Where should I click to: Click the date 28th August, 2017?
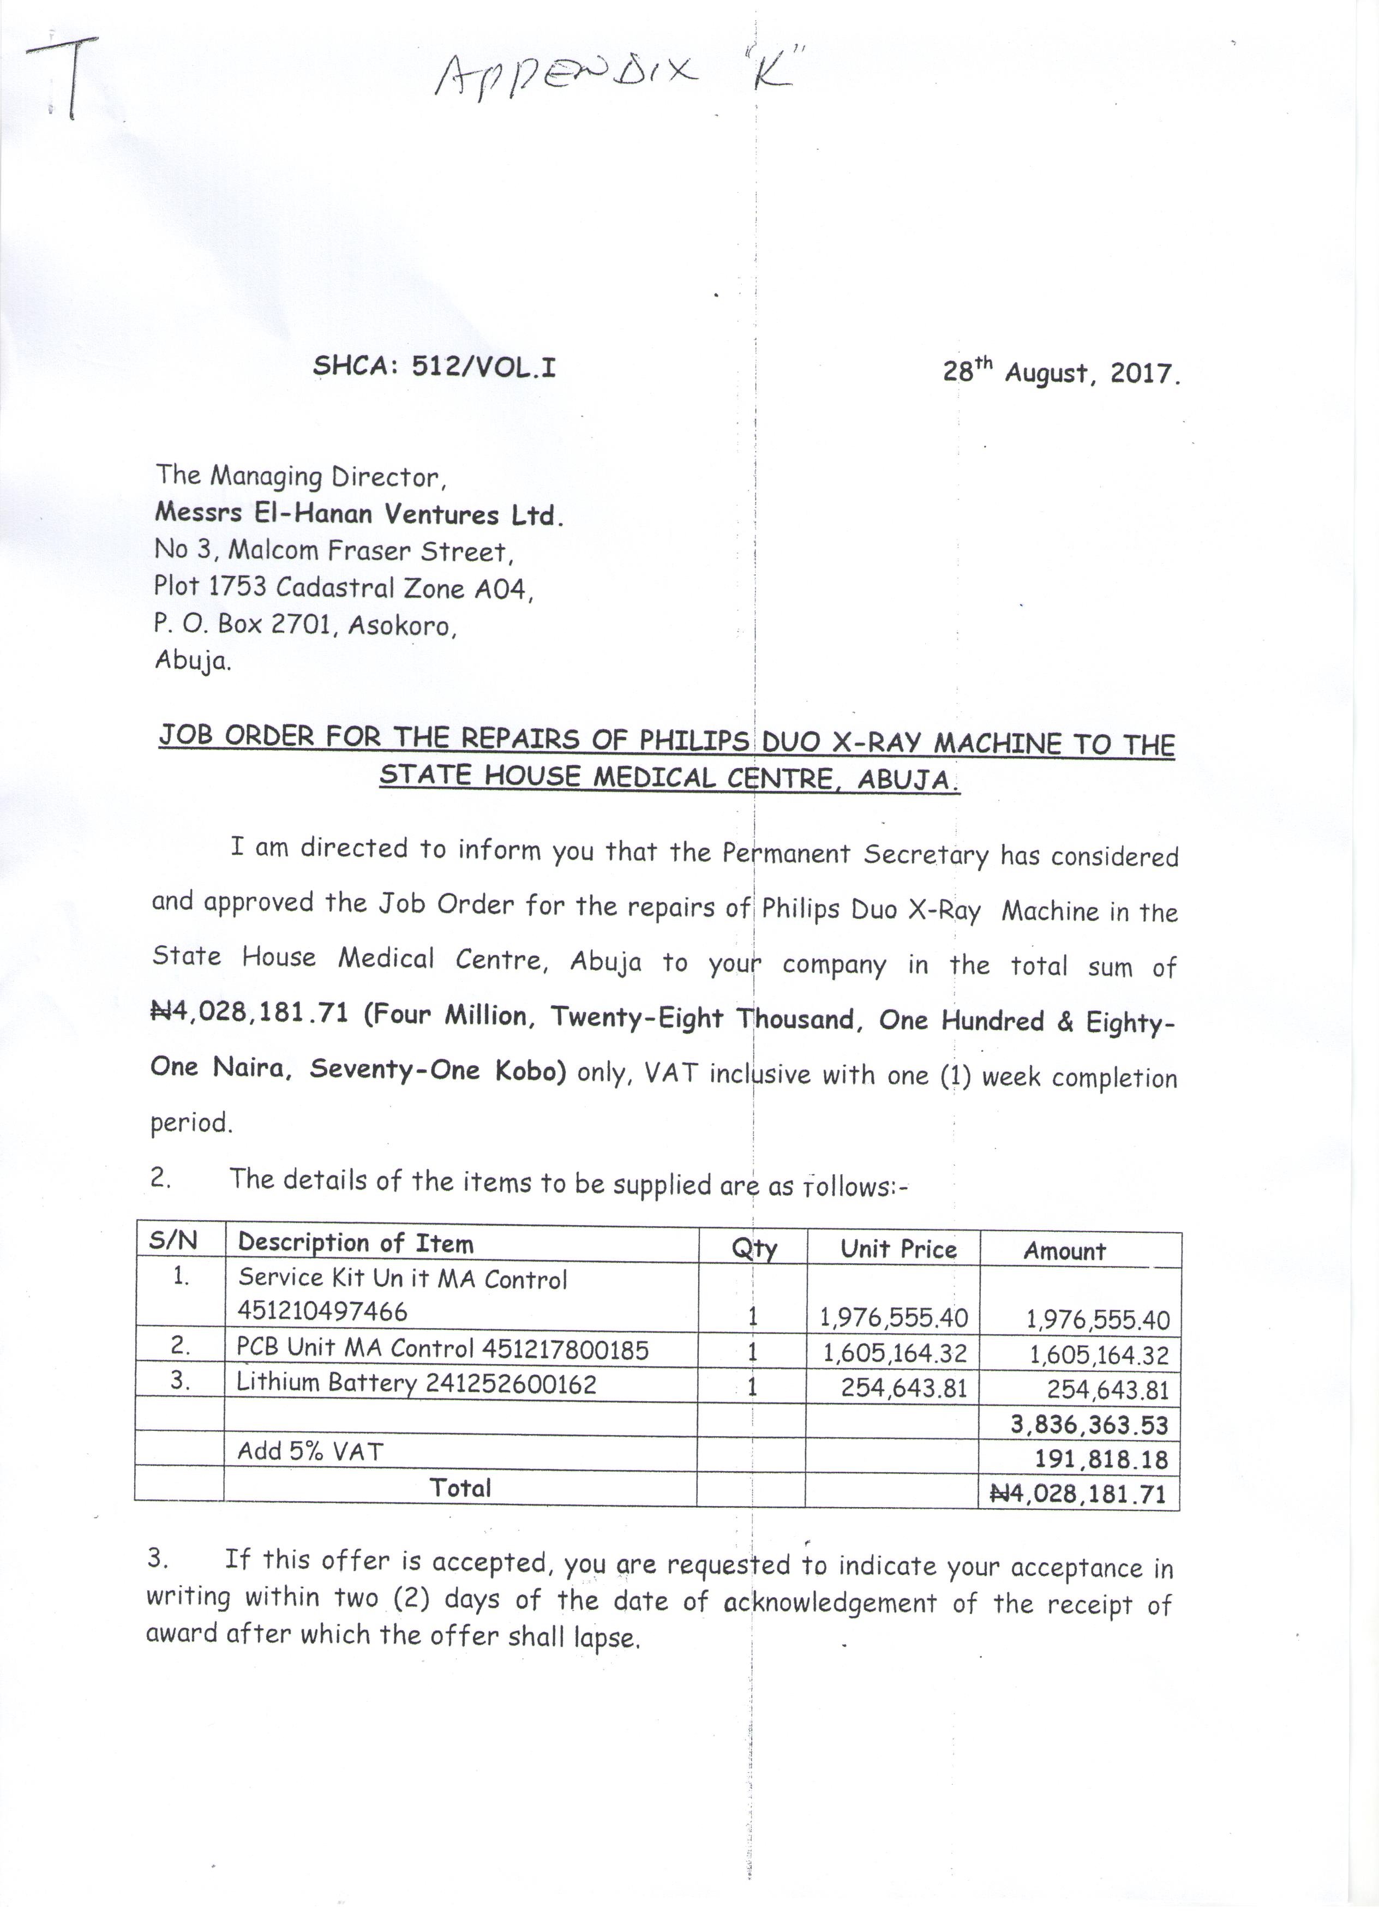[x=1061, y=372]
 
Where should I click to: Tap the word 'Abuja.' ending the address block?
[x=193, y=661]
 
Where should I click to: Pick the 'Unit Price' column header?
[x=898, y=1249]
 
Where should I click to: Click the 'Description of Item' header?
[x=355, y=1243]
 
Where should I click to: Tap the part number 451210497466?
[x=322, y=1311]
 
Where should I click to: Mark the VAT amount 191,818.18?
[x=1101, y=1459]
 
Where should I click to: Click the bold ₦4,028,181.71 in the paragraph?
[x=250, y=1013]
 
